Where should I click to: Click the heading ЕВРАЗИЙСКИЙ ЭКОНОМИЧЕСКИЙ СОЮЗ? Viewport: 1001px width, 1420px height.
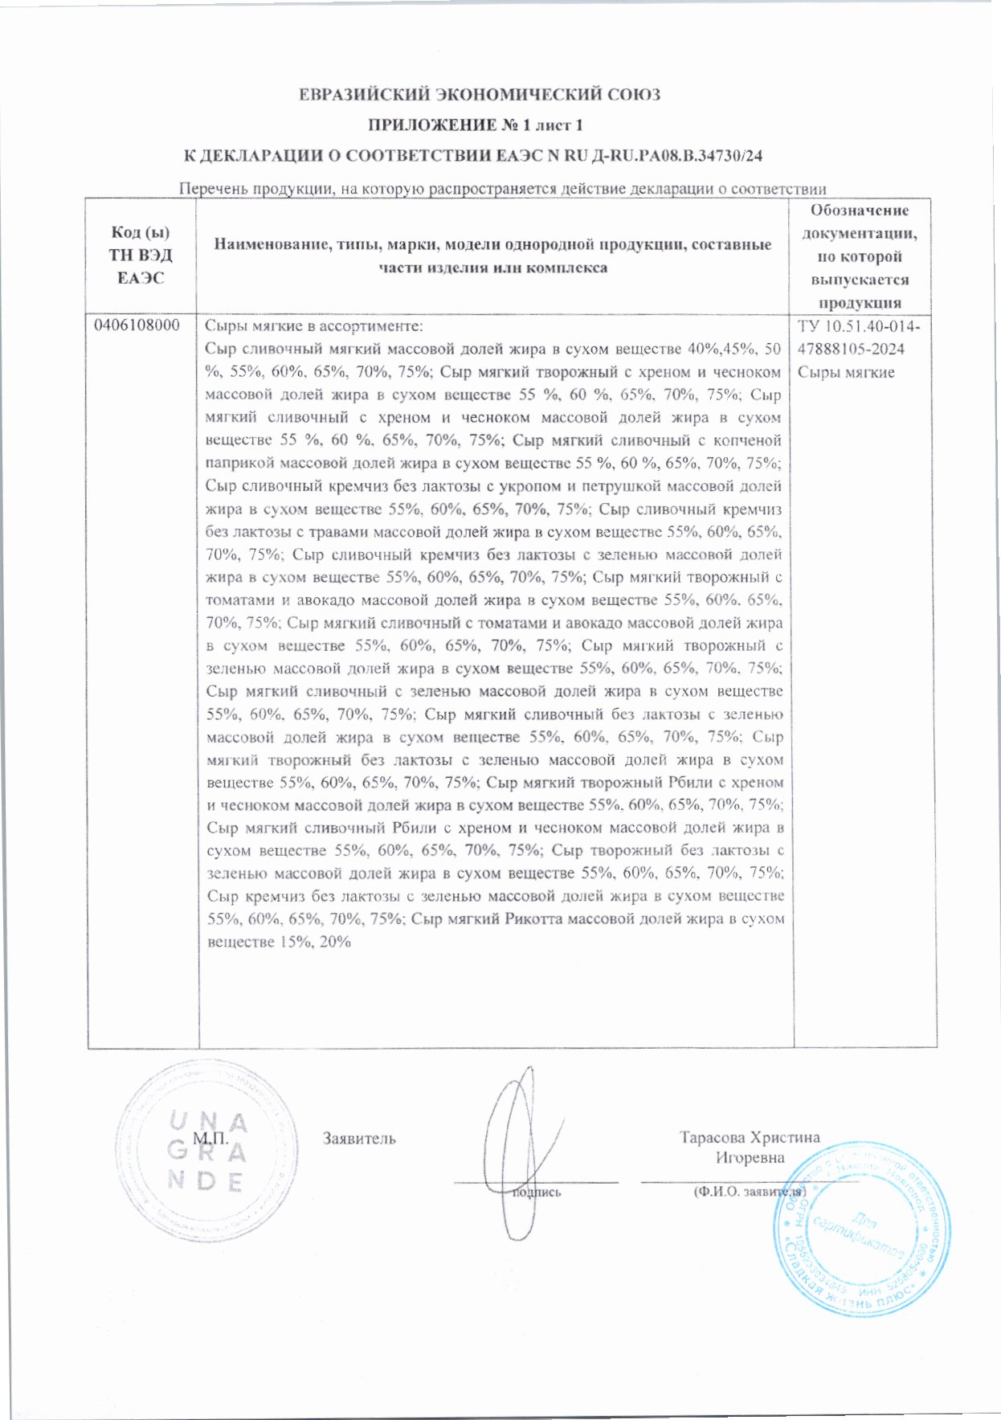480,95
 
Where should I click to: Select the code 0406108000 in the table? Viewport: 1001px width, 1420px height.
137,326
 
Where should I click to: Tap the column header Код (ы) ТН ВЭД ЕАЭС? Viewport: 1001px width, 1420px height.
141,255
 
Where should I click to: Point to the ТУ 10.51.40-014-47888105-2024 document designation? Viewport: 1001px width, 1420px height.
860,338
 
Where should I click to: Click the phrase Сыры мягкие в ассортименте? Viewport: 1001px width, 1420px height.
313,326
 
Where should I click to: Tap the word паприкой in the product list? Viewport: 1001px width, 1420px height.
235,463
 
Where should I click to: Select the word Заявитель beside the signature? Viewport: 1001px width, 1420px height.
359,1139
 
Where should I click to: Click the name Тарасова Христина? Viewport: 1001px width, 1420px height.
749,1137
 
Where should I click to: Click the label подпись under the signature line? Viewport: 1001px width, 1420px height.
537,1193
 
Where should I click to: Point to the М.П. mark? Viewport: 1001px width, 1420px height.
210,1139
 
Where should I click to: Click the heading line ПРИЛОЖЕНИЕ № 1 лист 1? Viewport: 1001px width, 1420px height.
476,125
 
